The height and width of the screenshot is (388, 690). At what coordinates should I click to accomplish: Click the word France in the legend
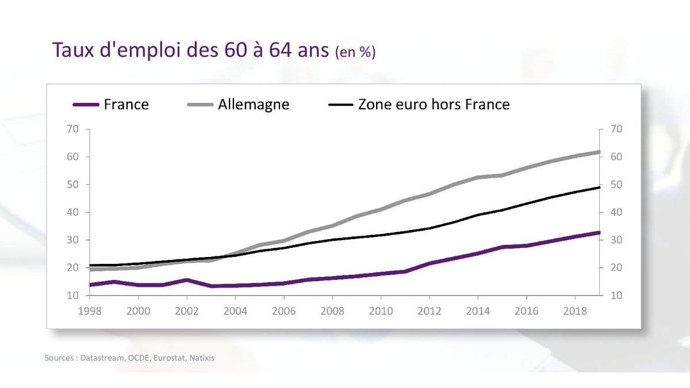click(x=126, y=105)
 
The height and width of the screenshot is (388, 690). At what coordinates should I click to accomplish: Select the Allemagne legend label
click(x=254, y=105)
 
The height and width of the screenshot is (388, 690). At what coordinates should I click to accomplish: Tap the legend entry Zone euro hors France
click(x=434, y=105)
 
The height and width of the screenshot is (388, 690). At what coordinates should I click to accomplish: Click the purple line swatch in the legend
click(x=87, y=105)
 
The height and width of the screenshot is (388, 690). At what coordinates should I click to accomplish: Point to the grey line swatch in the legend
click(x=201, y=105)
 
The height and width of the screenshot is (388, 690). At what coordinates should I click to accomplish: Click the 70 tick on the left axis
click(x=72, y=129)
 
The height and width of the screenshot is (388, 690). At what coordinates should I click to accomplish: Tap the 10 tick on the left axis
click(x=72, y=295)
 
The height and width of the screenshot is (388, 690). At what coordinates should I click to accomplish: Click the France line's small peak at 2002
click(x=186, y=280)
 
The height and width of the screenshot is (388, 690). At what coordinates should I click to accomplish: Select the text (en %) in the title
click(x=355, y=52)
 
